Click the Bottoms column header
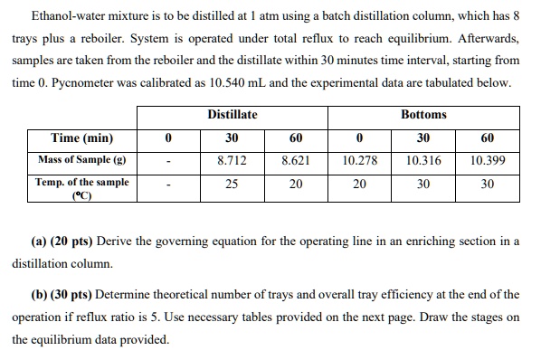423,115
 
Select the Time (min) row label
82,138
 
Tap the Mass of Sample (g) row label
82,160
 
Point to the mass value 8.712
233,160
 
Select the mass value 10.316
423,160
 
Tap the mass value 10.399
488,160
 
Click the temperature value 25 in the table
233,184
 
